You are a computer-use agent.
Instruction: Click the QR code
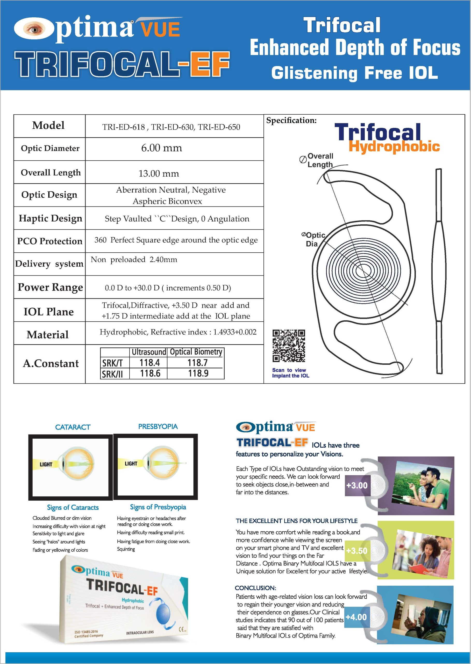(x=289, y=346)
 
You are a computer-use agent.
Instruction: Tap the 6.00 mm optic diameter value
(x=162, y=148)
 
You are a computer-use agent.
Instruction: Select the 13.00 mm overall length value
(x=159, y=174)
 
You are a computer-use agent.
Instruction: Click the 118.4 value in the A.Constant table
(x=149, y=363)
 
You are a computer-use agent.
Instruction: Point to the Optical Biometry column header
(x=196, y=352)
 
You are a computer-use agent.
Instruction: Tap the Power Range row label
(x=50, y=287)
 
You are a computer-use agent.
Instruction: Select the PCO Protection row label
(x=49, y=241)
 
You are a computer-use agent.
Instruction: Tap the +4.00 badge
(x=356, y=617)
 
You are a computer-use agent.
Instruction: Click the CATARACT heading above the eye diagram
(x=73, y=427)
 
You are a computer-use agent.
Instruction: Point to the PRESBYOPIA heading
(x=158, y=426)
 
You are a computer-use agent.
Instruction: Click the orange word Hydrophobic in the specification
(x=394, y=146)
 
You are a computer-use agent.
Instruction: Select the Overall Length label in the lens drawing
(x=320, y=160)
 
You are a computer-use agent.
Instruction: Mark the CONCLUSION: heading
(x=255, y=588)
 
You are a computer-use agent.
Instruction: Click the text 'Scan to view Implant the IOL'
(x=290, y=373)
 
